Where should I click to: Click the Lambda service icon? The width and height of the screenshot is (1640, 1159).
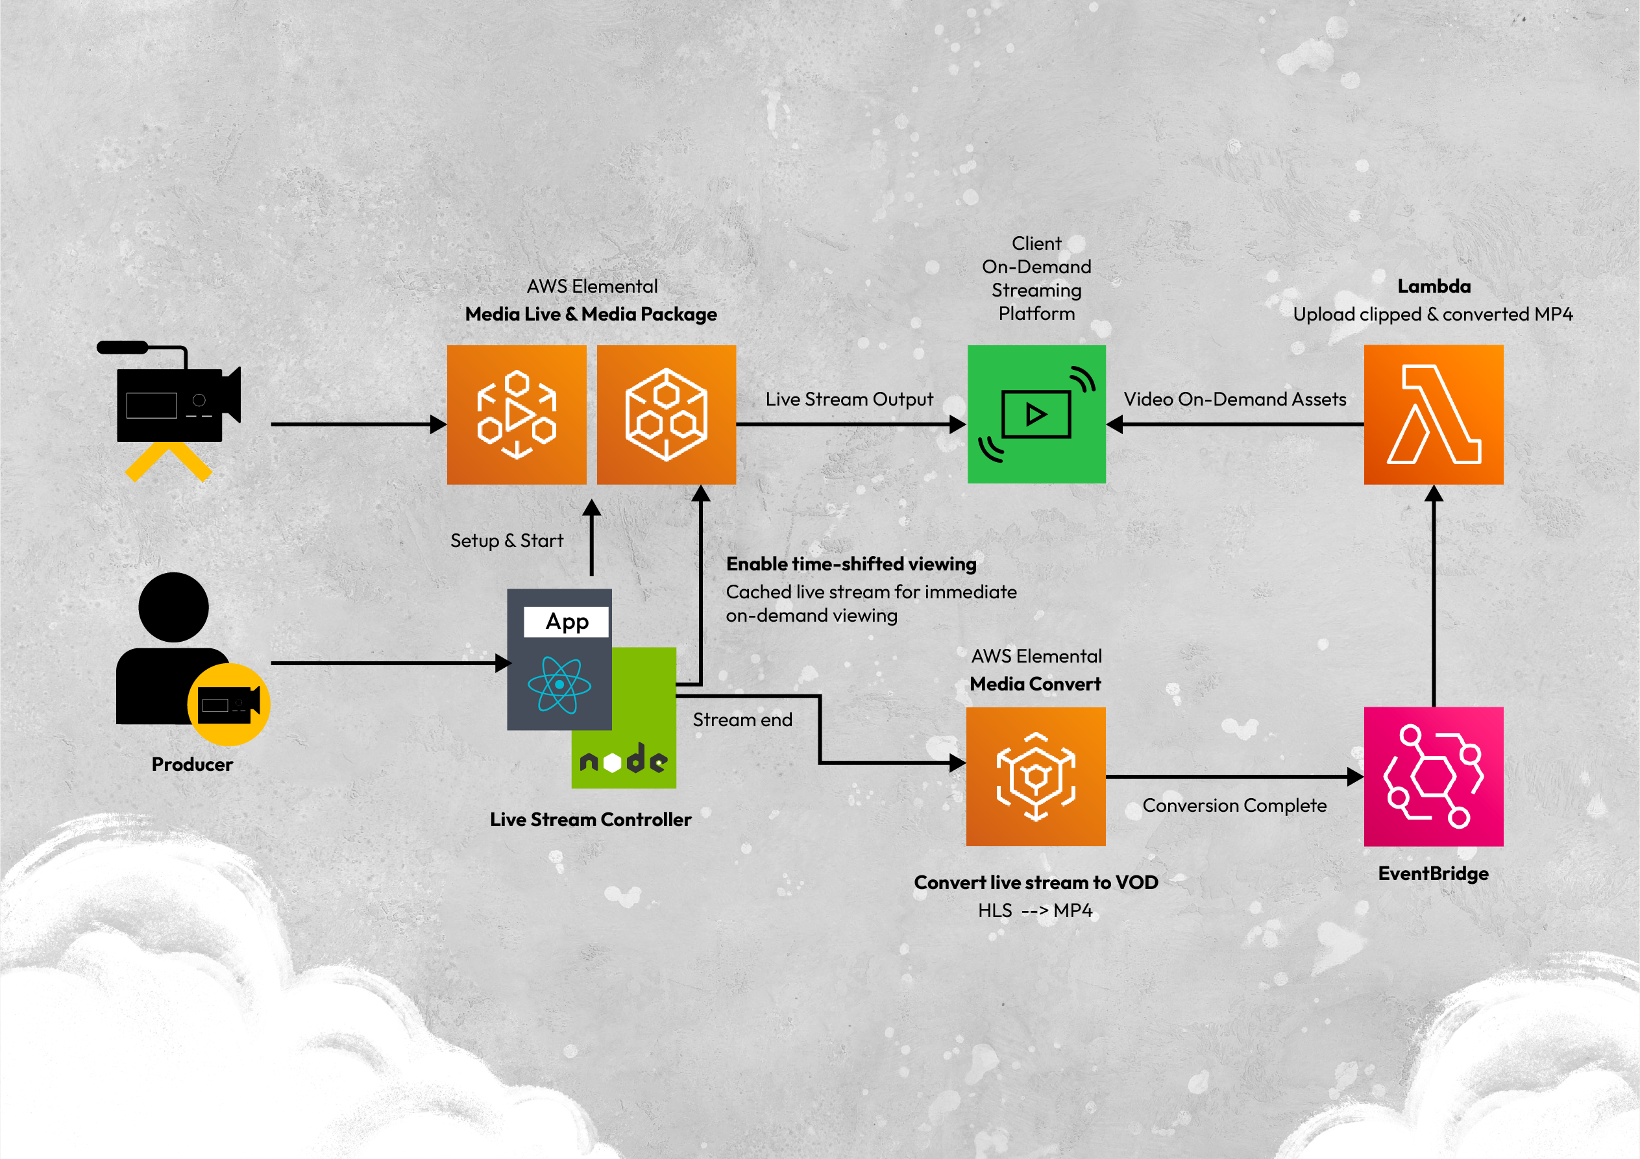(1433, 414)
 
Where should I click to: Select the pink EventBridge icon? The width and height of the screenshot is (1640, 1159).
(1433, 776)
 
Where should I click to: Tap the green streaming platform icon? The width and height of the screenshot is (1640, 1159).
(1036, 414)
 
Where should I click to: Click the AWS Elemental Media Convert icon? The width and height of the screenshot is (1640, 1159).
(1036, 776)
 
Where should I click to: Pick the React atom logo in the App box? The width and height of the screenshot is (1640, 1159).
(559, 684)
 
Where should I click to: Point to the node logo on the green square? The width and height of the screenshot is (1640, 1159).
(624, 761)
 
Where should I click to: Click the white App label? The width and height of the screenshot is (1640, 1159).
(567, 621)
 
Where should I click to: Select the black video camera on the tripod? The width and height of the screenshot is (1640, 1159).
(175, 398)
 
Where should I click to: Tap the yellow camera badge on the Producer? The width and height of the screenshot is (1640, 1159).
(228, 704)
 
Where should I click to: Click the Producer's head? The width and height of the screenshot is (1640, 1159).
(173, 607)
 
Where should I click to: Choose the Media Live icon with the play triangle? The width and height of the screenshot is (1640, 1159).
(517, 414)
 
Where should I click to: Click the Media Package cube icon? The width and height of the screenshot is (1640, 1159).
(666, 414)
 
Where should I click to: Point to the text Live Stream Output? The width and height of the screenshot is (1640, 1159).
(850, 399)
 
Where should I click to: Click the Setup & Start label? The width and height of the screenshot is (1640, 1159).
(506, 541)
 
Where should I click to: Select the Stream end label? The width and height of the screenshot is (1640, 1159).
(742, 720)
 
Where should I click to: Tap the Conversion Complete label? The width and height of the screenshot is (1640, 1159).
(1234, 805)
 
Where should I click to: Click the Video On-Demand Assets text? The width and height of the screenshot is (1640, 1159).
(1235, 399)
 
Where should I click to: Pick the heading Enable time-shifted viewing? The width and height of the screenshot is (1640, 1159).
(851, 564)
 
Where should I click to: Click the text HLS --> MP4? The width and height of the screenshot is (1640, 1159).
(1035, 910)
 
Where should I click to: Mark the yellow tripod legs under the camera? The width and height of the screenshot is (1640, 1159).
(169, 461)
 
